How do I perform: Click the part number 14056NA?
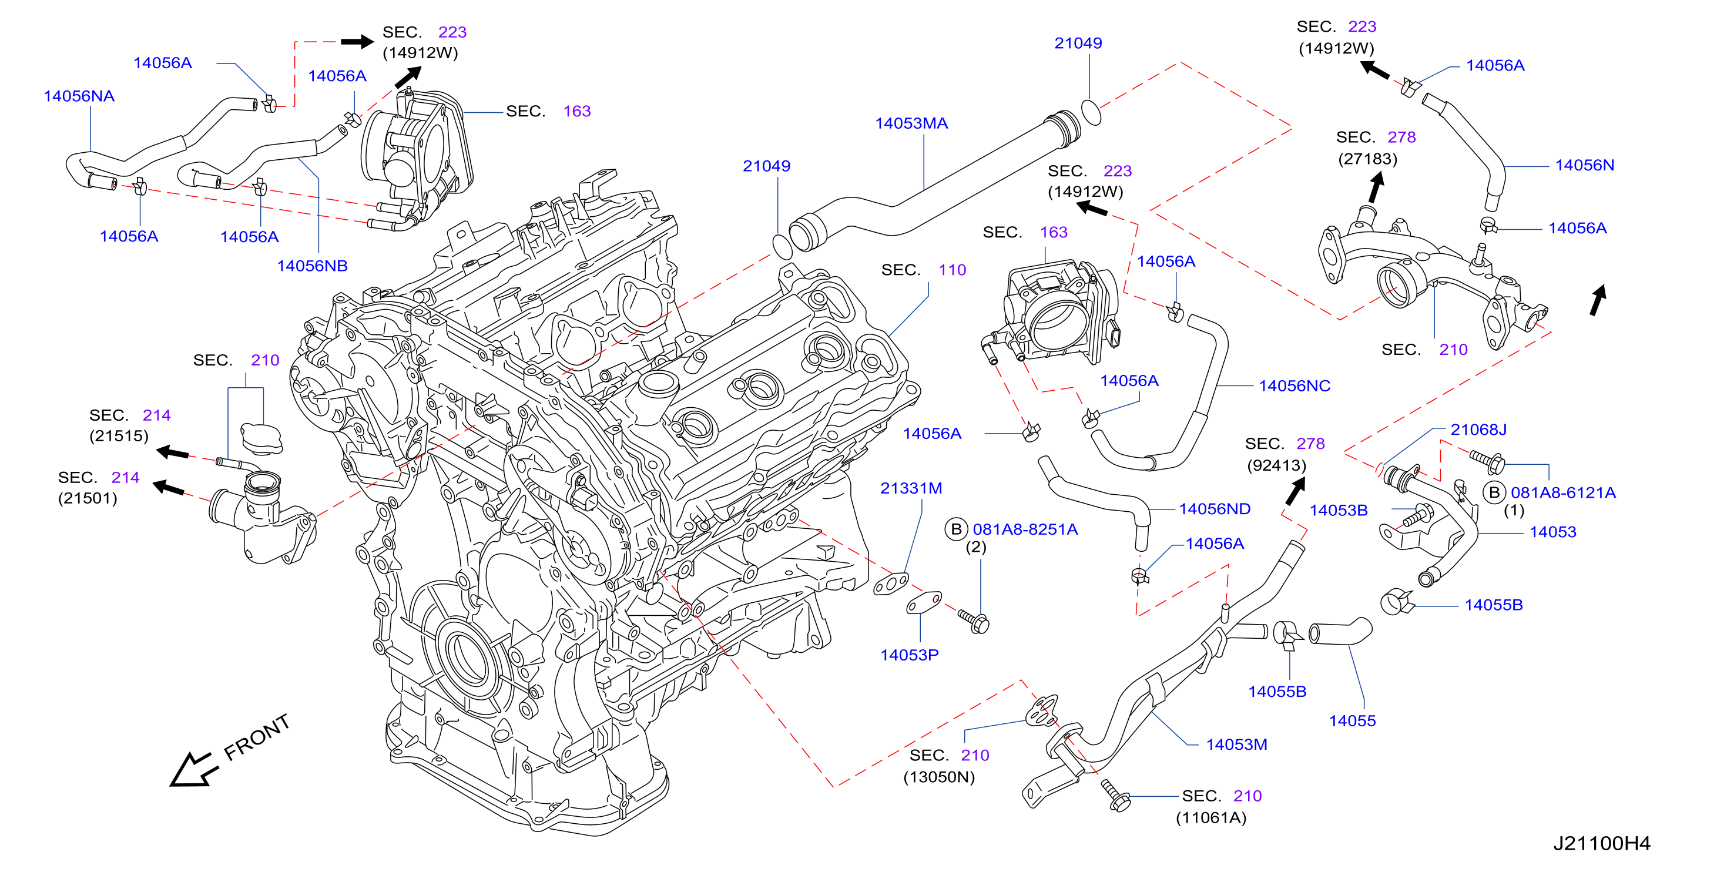[79, 96]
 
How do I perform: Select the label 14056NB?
[312, 266]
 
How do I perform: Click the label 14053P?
[909, 655]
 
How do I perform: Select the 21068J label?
[1478, 430]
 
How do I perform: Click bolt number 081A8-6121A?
[1562, 492]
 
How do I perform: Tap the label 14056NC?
[1294, 386]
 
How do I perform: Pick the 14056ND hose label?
[1215, 509]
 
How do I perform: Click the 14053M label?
[1236, 744]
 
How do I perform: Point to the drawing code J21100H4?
[1602, 843]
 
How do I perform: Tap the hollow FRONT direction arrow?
[194, 771]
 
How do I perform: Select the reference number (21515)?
[119, 436]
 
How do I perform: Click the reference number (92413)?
[1276, 465]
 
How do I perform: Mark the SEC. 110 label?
[923, 270]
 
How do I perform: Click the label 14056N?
[1584, 165]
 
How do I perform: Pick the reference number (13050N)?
[938, 777]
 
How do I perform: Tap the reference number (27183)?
[1367, 159]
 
